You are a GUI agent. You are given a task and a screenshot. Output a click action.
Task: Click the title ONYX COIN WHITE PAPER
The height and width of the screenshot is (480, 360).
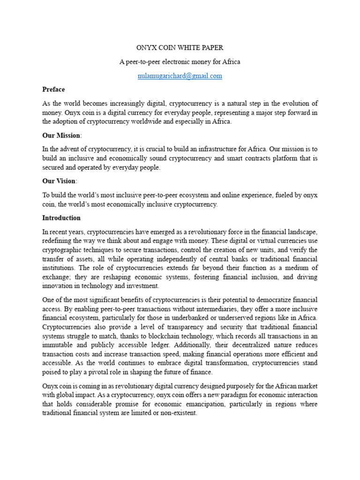coord(180,48)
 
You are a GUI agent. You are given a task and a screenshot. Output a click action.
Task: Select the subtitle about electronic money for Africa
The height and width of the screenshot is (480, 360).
coord(180,62)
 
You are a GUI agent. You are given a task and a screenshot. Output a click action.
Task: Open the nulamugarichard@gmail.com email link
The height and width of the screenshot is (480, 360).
coord(180,76)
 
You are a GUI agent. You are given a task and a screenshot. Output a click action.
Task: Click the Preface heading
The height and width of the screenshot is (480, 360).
coord(53,90)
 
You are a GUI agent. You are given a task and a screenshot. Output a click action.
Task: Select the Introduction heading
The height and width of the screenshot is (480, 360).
coord(61,218)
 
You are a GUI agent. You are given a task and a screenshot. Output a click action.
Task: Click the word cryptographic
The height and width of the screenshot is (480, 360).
coord(65,250)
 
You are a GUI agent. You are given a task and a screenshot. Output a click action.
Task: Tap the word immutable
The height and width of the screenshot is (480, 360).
coord(57,345)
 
